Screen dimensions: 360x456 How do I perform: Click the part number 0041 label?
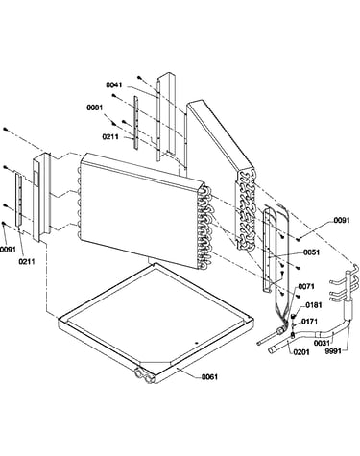tap(114, 85)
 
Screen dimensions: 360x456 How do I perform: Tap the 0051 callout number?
tap(311, 252)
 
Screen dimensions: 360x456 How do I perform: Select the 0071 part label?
tap(306, 286)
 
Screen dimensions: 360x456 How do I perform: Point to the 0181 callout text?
tap(314, 305)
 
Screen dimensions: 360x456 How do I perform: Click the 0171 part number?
tap(309, 321)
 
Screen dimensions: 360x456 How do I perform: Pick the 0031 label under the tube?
tap(322, 343)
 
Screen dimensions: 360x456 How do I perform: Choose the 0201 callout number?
tap(301, 352)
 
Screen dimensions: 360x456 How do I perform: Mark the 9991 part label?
tap(333, 351)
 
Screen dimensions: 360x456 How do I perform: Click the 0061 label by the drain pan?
tap(209, 377)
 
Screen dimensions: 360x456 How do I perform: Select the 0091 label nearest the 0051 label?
tap(342, 220)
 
